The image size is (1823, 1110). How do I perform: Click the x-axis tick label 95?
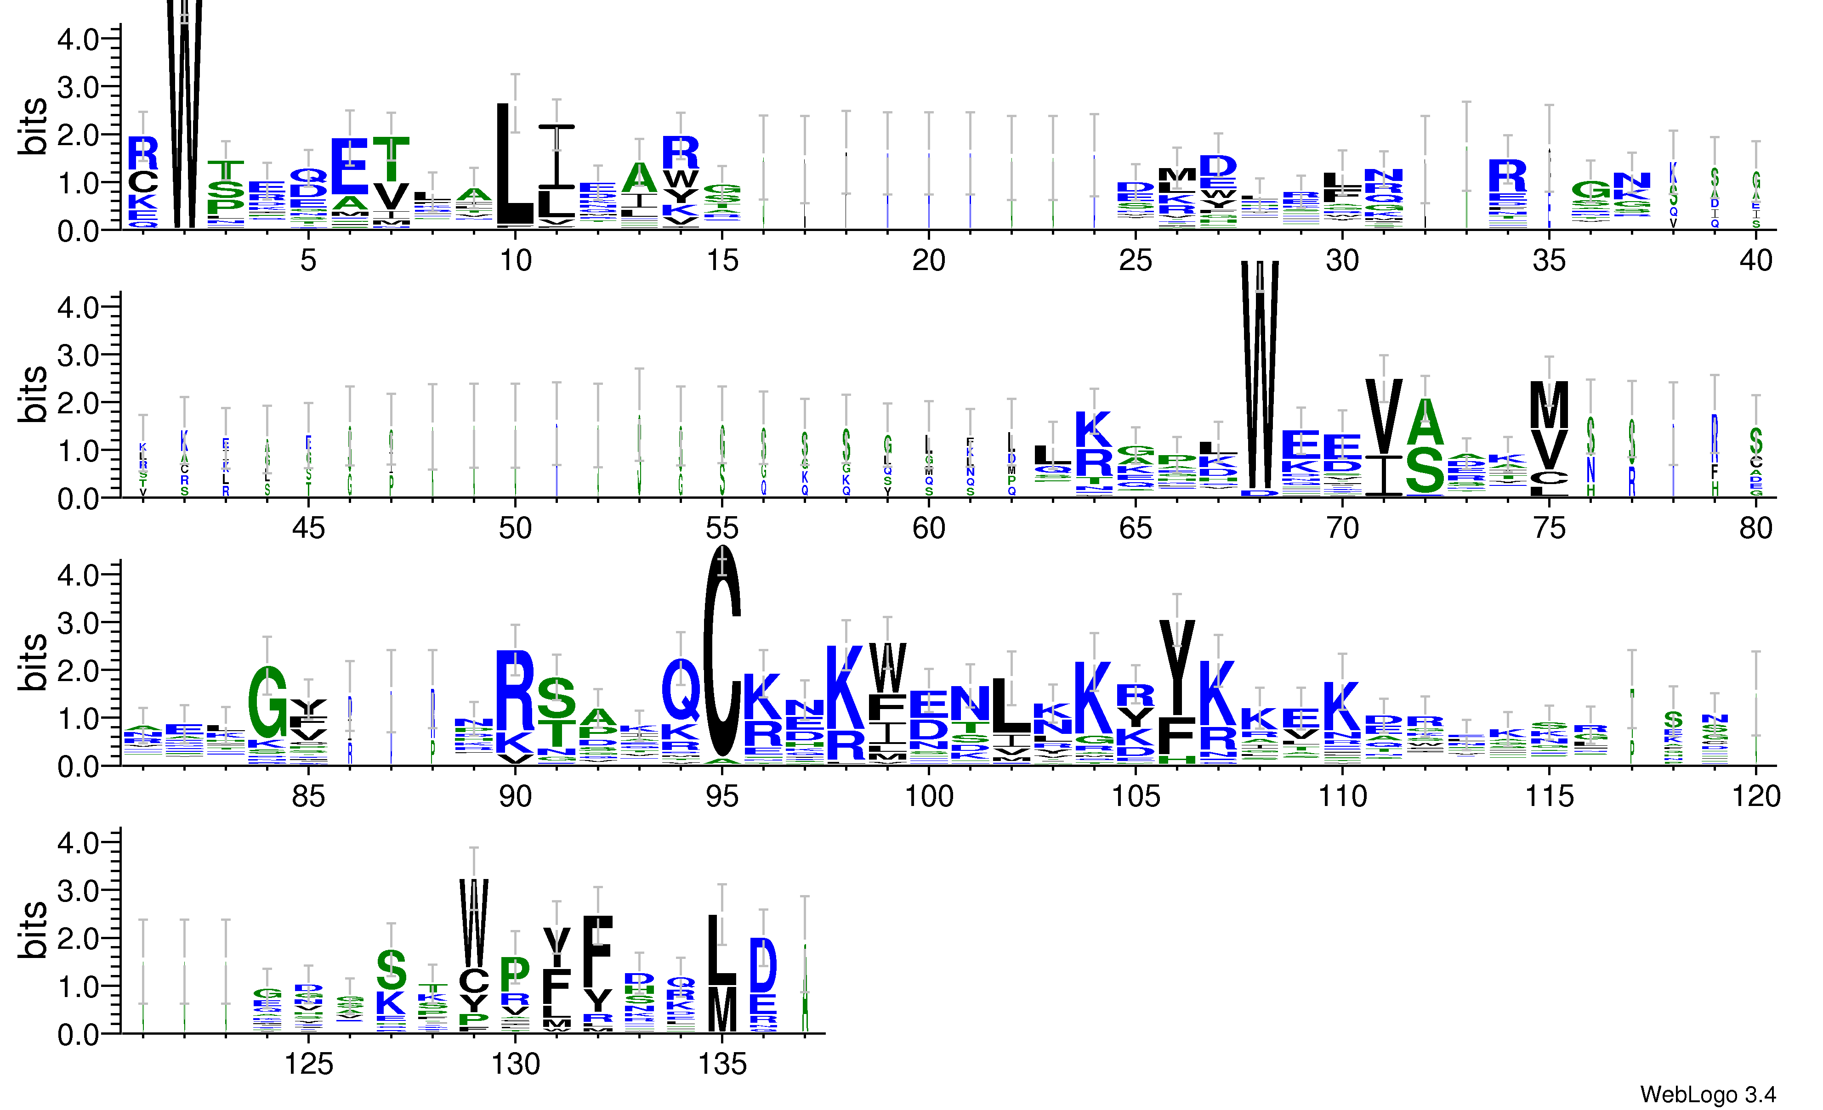721,796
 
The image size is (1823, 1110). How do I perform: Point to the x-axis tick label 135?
721,1065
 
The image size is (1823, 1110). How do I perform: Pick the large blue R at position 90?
515,690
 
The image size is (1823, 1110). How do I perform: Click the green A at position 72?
1425,422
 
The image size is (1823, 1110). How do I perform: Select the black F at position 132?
598,950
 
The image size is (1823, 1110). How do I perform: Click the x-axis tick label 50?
515,529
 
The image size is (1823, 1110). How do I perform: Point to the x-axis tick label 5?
308,260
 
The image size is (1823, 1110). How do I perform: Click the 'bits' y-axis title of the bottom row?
33,930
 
